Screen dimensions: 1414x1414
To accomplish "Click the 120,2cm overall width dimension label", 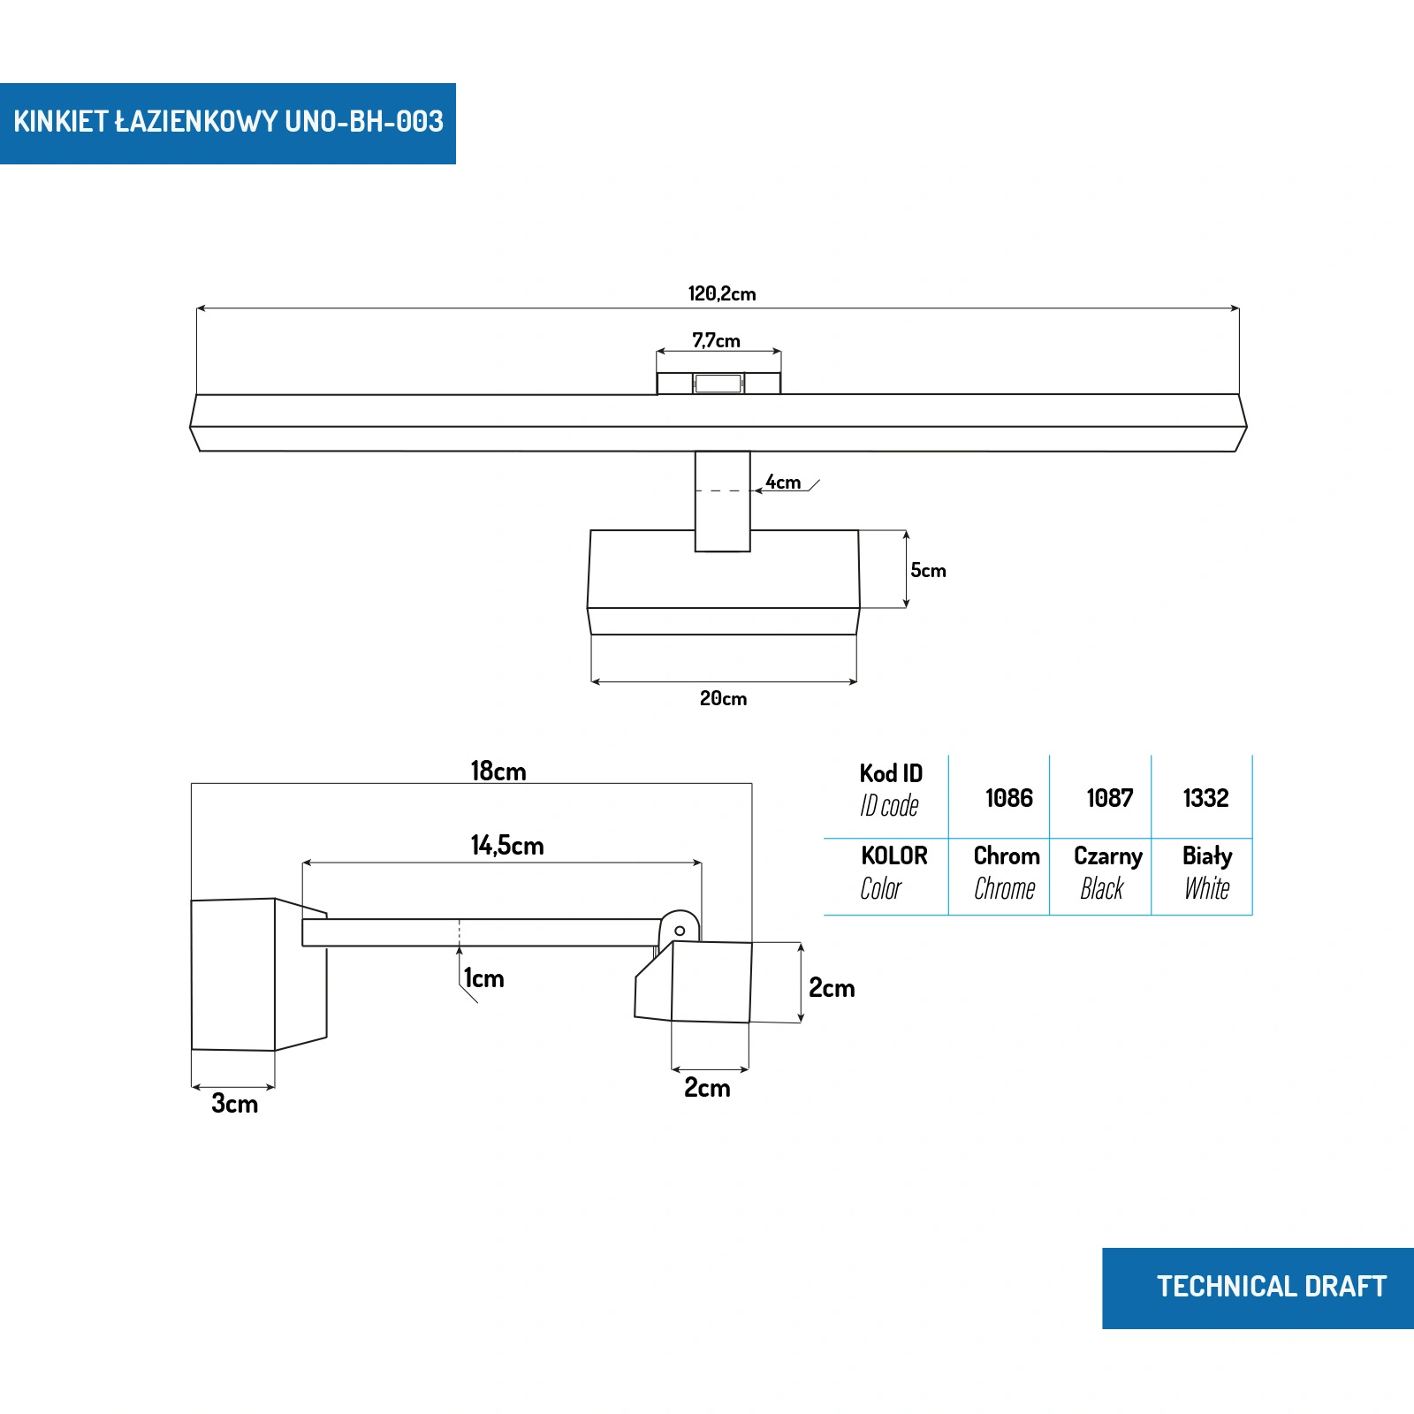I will point(722,293).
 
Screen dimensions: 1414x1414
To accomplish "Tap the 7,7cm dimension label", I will point(716,340).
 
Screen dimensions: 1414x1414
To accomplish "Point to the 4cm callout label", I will point(783,483).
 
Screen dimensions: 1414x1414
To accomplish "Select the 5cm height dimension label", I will point(928,571).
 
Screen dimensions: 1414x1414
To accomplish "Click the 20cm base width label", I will point(723,699).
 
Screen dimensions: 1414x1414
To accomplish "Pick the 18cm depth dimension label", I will point(498,772).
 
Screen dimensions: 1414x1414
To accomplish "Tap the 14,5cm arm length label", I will point(506,846).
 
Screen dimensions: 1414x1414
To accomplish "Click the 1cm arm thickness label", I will point(484,978).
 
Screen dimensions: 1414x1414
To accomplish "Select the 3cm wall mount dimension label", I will point(234,1104).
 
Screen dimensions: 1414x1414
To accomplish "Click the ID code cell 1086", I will point(1008,798).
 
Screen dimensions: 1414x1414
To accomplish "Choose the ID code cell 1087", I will point(1109,798).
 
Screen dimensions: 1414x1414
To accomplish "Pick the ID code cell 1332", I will point(1205,798).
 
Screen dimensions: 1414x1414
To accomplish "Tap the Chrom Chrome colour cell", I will point(1006,872).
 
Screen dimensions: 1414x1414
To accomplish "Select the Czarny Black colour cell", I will point(1106,872).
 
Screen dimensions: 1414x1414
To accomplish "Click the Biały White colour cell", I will point(1206,872).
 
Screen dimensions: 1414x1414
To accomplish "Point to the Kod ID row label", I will point(890,789).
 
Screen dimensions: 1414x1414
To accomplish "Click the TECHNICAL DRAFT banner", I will point(1271,1287).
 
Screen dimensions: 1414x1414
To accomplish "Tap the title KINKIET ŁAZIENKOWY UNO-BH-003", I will point(228,122).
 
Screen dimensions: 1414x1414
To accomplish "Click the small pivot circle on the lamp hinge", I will point(680,931).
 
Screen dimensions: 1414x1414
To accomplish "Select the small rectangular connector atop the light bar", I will point(718,384).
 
